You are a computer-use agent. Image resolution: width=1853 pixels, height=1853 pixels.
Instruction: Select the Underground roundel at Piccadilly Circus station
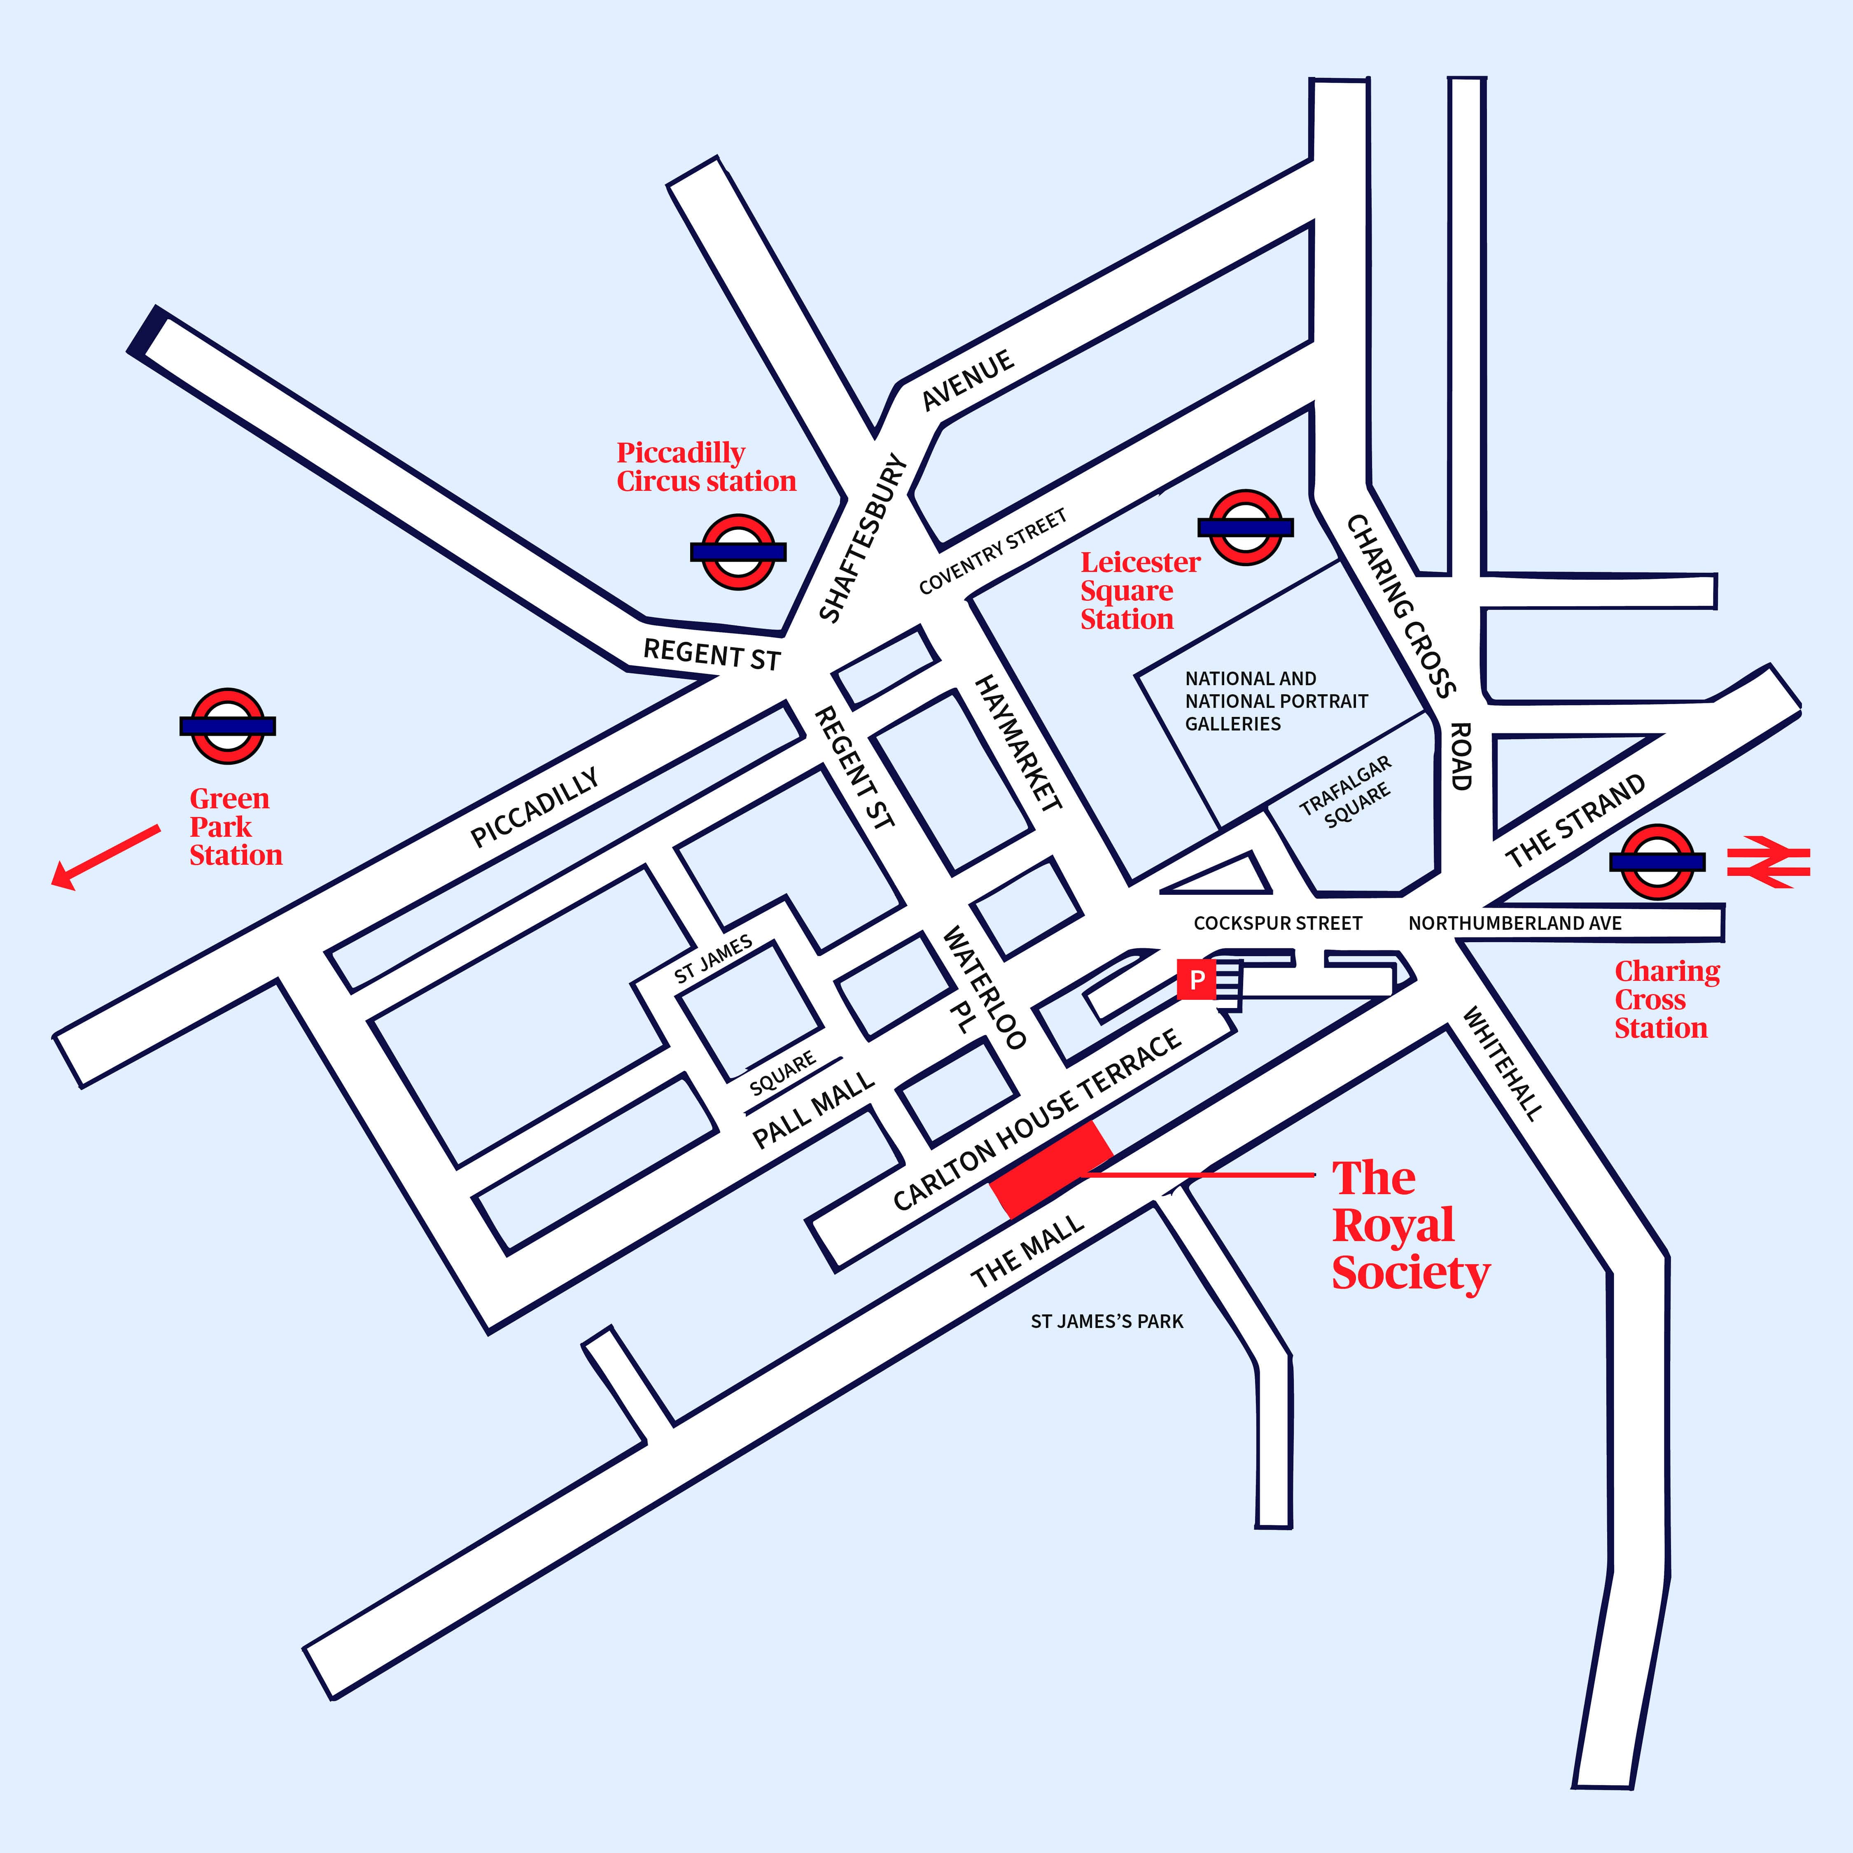coord(737,551)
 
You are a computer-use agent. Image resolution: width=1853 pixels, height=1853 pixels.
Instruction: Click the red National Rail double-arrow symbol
coord(1768,861)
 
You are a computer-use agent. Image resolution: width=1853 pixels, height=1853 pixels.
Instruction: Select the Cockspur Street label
coord(1277,923)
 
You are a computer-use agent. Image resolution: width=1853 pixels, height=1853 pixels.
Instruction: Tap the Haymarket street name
coord(1018,743)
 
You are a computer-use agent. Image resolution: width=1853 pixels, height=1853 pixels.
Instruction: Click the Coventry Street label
coord(993,553)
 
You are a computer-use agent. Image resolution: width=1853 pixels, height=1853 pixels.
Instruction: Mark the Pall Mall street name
coord(813,1110)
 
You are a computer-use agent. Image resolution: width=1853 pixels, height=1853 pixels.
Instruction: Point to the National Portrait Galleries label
coord(1276,701)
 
